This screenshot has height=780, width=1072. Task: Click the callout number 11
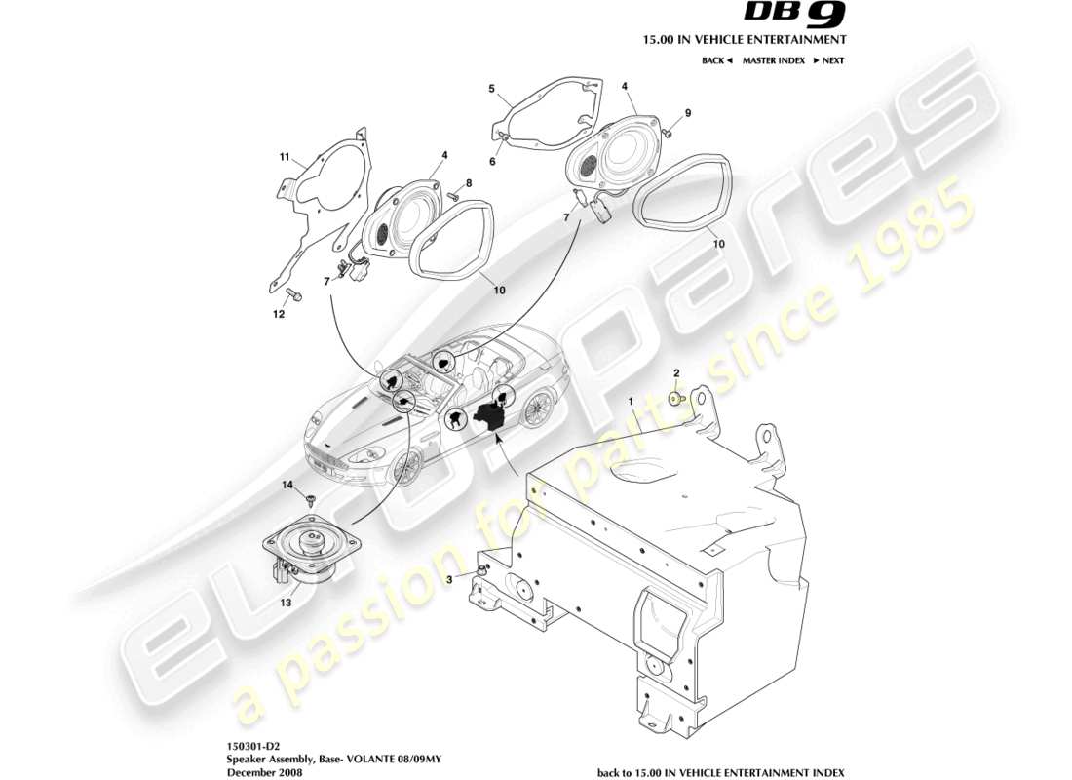click(285, 156)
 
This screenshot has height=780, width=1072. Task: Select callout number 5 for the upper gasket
click(492, 88)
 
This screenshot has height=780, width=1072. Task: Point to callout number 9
click(687, 113)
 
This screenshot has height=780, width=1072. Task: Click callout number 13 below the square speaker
click(287, 603)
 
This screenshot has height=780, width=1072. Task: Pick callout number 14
click(287, 485)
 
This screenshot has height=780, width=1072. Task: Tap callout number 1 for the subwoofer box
click(631, 401)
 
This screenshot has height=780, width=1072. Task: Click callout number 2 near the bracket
click(676, 373)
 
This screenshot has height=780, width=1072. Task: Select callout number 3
click(450, 580)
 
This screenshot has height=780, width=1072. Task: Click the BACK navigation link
click(716, 60)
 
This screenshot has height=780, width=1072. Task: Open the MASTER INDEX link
click(773, 60)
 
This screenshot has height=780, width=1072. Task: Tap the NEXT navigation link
click(831, 60)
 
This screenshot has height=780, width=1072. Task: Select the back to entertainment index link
click(708, 770)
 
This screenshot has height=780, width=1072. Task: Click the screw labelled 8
click(454, 196)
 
